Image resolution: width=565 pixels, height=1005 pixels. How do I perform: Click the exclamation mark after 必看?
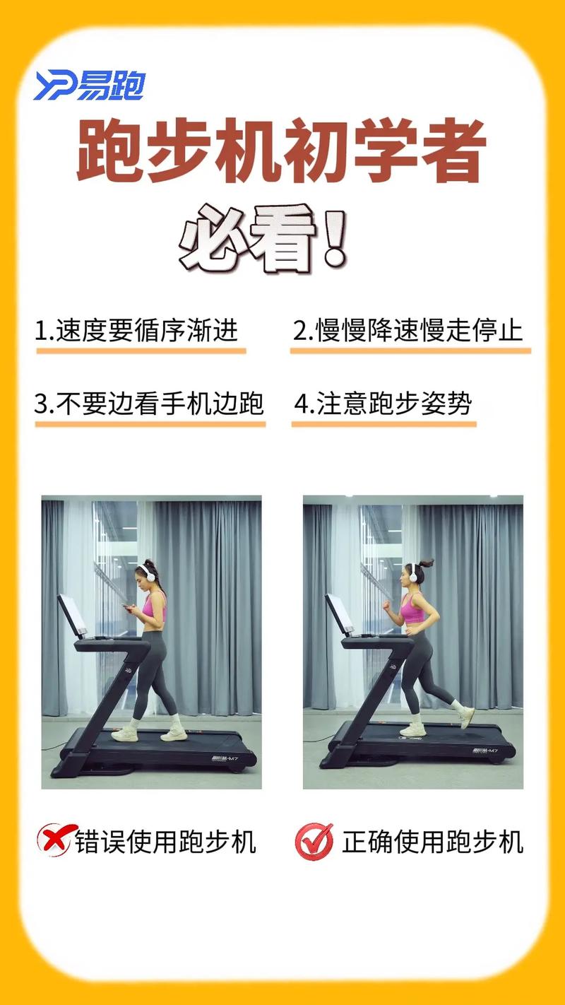[x=334, y=238]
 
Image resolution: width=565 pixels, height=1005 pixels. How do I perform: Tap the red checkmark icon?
[x=314, y=840]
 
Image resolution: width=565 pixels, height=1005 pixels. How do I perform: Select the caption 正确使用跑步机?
[x=432, y=842]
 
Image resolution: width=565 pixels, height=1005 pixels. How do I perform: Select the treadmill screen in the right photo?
[x=339, y=613]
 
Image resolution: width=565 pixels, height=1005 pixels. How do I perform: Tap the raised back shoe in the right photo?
[x=466, y=716]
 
